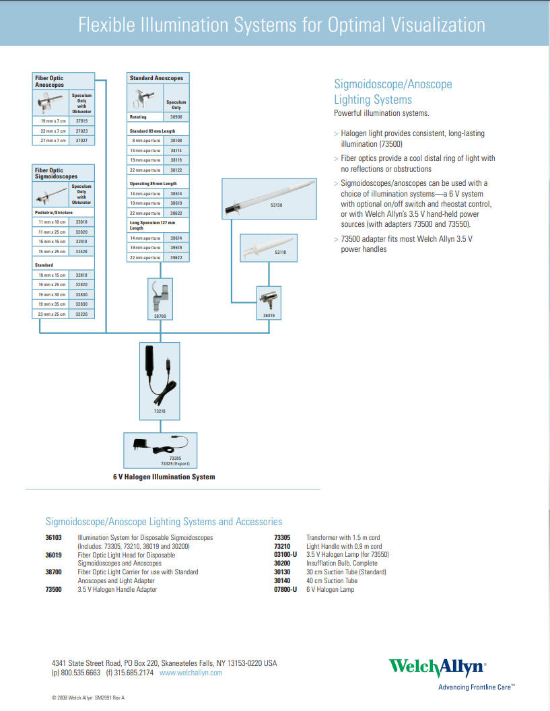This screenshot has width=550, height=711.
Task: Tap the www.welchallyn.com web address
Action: [x=191, y=673]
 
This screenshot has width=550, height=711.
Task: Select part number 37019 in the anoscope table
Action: [x=81, y=121]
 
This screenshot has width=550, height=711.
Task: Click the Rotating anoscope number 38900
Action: [x=176, y=117]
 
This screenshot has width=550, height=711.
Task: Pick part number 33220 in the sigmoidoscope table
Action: [x=81, y=314]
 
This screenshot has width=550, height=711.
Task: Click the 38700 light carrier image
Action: [x=160, y=296]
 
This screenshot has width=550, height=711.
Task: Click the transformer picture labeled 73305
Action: [x=160, y=446]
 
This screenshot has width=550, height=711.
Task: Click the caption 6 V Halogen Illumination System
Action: [x=164, y=477]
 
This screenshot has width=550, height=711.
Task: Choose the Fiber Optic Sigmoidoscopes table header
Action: [x=57, y=173]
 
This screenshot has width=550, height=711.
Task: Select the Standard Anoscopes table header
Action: [x=156, y=78]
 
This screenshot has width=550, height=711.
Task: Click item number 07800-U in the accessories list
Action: [x=285, y=590]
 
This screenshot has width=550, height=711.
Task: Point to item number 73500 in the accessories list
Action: [x=54, y=590]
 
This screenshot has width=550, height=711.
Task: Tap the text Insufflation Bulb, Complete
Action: [x=341, y=564]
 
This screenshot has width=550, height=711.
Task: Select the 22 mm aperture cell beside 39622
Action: [x=145, y=258]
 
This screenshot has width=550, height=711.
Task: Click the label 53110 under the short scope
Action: [x=280, y=252]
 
